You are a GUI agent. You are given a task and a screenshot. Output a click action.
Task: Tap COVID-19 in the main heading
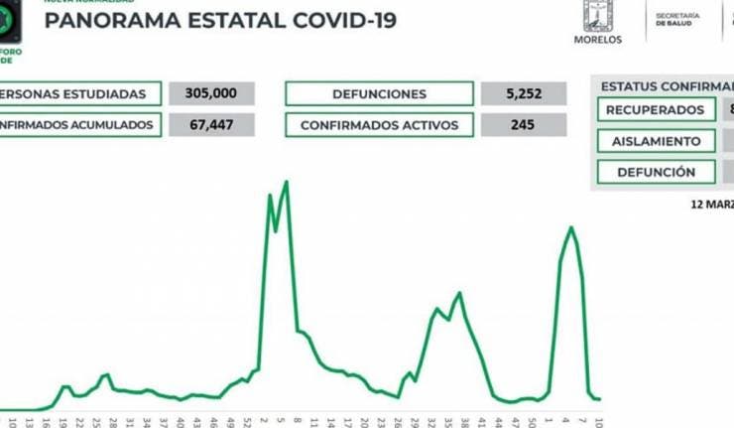coord(337,21)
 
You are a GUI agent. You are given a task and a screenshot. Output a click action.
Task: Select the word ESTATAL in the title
coord(218,21)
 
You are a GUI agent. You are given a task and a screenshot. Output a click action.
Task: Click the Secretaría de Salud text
coord(678,23)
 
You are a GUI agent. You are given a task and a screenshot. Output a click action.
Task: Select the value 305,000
coord(210,94)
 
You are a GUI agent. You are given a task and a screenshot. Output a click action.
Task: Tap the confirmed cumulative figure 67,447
coord(210,125)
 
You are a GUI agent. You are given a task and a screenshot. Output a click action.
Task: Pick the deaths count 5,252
coord(523,94)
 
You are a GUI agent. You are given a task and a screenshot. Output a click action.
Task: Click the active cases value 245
coord(523,125)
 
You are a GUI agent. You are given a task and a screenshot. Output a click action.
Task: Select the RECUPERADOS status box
coord(656,110)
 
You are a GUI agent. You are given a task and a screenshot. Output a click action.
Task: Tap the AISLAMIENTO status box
coord(656,141)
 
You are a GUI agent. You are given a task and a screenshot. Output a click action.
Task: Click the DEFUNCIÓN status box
coord(656,172)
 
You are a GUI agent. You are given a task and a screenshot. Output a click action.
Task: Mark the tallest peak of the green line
coord(287,182)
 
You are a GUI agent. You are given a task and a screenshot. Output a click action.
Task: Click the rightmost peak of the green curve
coord(571,227)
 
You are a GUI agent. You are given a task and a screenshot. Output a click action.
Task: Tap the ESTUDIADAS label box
coord(79,94)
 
